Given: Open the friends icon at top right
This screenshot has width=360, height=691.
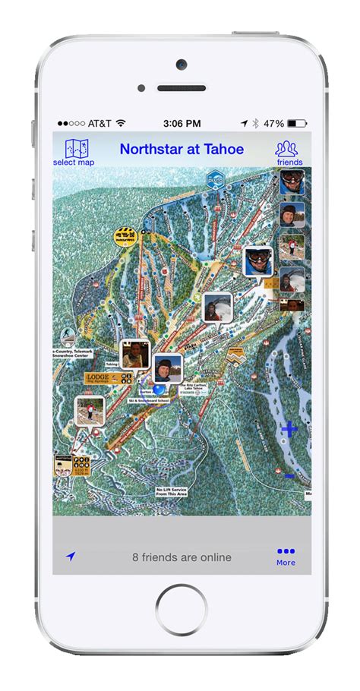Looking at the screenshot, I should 289,152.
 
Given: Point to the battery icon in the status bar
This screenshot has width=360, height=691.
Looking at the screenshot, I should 298,123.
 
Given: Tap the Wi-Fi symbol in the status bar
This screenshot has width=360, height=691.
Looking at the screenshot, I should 121,123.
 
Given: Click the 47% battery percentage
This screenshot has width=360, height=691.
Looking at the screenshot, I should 274,123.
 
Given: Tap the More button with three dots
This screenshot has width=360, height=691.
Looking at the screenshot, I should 286,557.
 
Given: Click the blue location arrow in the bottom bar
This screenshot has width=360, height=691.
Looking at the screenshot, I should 71,557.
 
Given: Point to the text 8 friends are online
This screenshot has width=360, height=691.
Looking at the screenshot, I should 182,557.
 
